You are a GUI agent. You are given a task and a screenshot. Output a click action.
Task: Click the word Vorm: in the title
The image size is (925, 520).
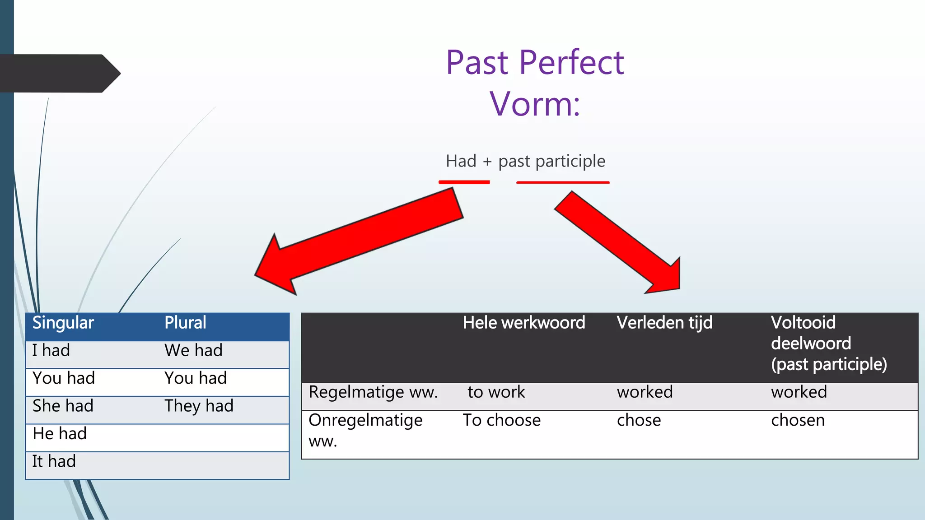pos(535,104)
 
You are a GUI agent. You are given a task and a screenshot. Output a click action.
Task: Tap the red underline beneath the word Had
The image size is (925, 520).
pos(464,182)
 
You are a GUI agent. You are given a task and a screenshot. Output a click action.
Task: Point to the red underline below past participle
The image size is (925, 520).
pos(563,182)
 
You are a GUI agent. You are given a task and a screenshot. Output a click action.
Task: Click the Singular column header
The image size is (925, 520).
pos(63,323)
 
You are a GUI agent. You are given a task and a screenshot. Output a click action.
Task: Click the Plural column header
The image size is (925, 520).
pos(185,323)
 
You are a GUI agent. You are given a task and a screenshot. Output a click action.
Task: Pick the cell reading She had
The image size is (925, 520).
pos(63,406)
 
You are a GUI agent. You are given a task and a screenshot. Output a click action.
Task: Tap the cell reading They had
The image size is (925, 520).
pos(199,406)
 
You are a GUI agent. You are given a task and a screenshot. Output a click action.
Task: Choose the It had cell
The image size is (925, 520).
pos(54,462)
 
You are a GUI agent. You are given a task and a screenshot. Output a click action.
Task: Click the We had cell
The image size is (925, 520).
pos(193,351)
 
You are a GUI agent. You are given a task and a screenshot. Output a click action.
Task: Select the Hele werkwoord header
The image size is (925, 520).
pos(524,323)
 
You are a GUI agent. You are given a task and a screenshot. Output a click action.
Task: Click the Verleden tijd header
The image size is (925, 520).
pos(664,323)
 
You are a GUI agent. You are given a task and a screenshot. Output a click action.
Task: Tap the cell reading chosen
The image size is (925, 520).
pos(798,421)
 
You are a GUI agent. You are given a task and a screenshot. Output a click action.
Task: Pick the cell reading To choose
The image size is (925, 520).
pos(501,421)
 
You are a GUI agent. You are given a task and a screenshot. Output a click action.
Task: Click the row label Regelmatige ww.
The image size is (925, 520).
pos(373,392)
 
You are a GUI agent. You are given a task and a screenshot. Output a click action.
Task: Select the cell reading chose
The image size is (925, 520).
pos(639,421)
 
